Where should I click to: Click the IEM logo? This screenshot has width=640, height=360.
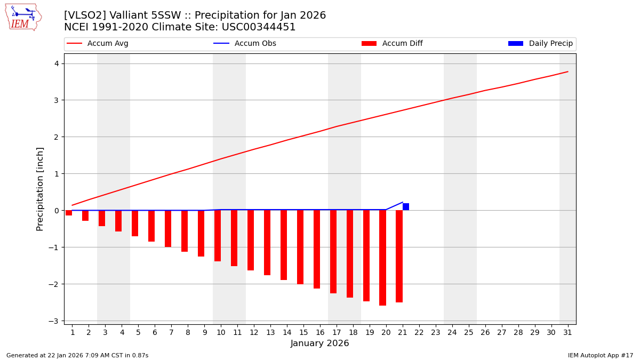click(23, 17)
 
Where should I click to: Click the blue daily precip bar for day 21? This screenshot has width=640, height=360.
click(406, 207)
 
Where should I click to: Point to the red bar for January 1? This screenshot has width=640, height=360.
click(69, 213)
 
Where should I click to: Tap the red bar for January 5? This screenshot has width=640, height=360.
click(135, 223)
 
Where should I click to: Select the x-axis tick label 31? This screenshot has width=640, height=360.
click(567, 332)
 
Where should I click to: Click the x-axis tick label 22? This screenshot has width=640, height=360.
click(419, 332)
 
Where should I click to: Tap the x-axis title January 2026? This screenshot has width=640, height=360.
click(319, 343)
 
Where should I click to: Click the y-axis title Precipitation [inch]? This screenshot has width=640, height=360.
click(40, 189)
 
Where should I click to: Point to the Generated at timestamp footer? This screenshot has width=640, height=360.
click(77, 355)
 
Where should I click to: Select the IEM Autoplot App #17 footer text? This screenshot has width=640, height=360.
click(601, 355)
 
